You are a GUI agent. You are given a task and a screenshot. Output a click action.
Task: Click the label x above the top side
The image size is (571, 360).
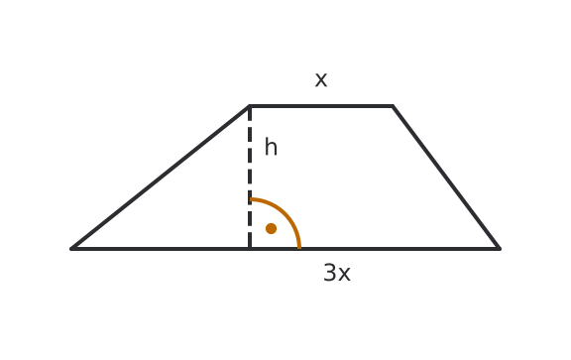pyautogui.click(x=321, y=79)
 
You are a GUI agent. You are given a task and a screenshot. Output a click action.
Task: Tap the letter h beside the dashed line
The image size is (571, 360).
pyautogui.click(x=271, y=147)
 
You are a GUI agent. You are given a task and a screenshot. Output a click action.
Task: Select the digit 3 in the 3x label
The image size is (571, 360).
pyautogui.click(x=330, y=273)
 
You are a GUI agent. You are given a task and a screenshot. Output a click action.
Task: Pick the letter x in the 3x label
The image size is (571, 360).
pyautogui.click(x=344, y=275)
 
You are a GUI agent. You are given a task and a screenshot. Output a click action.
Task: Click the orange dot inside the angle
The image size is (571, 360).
pyautogui.click(x=271, y=228)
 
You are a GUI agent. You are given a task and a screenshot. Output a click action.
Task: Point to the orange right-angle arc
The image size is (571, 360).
pyautogui.click(x=285, y=211)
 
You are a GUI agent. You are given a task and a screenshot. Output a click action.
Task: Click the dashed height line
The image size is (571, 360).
pyautogui.click(x=250, y=178)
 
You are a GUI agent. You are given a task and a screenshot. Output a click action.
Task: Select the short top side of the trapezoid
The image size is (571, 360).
pyautogui.click(x=321, y=106)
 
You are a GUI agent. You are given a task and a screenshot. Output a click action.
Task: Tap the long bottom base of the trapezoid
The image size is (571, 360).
pyautogui.click(x=285, y=249)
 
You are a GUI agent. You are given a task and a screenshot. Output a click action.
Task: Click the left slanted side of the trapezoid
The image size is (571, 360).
pyautogui.click(x=161, y=178)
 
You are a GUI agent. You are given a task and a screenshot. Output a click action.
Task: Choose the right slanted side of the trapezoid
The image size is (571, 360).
pyautogui.click(x=446, y=178)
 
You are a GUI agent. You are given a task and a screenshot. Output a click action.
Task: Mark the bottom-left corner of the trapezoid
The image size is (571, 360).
pyautogui.click(x=71, y=249)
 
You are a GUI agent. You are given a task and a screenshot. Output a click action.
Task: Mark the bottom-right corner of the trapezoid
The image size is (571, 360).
pyautogui.click(x=500, y=249)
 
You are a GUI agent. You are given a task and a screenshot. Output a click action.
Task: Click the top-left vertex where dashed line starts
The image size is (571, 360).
pyautogui.click(x=250, y=106)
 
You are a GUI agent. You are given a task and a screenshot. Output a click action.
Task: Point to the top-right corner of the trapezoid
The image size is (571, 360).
pyautogui.click(x=393, y=106)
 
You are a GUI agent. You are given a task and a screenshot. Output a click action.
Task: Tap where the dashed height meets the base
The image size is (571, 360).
pyautogui.click(x=250, y=249)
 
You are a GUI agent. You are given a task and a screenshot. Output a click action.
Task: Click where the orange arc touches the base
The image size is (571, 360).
pyautogui.click(x=299, y=249)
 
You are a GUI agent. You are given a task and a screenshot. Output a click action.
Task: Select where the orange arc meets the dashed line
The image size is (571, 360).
pyautogui.click(x=250, y=199)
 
